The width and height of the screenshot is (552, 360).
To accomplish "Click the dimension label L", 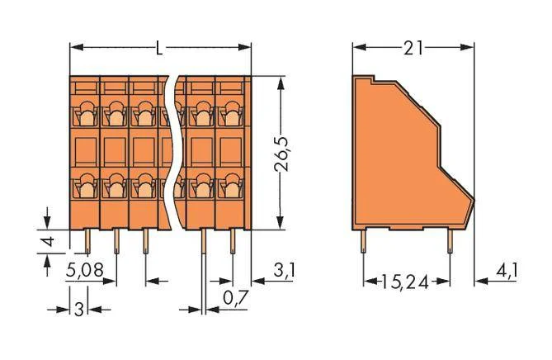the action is (159, 48).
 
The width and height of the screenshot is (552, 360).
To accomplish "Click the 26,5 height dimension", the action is (281, 154).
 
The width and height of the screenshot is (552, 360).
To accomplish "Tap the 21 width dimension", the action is (413, 48).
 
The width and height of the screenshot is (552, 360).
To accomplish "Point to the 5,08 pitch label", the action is (85, 271).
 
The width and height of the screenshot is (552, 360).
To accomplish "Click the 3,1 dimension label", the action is (284, 271).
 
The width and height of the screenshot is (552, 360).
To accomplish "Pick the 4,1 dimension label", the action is (507, 271).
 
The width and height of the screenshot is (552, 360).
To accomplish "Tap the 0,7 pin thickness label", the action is (236, 298).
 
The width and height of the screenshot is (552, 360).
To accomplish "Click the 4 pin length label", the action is (48, 242).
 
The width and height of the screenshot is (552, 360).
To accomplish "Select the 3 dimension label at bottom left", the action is (79, 310).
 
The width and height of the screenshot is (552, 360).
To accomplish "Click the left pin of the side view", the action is (364, 242).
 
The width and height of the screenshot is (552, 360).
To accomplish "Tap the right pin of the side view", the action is (450, 242).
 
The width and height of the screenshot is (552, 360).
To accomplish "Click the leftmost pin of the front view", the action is (87, 242).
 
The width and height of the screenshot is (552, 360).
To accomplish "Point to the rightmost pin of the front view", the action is (233, 242).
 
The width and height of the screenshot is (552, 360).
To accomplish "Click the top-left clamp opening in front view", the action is (87, 115).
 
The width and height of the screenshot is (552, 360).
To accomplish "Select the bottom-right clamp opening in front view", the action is (232, 186).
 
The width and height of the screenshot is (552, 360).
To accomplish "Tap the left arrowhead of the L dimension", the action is (77, 48).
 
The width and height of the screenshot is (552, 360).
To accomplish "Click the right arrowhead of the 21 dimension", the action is (467, 48).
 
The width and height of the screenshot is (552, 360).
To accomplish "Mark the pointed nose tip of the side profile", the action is (474, 201).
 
